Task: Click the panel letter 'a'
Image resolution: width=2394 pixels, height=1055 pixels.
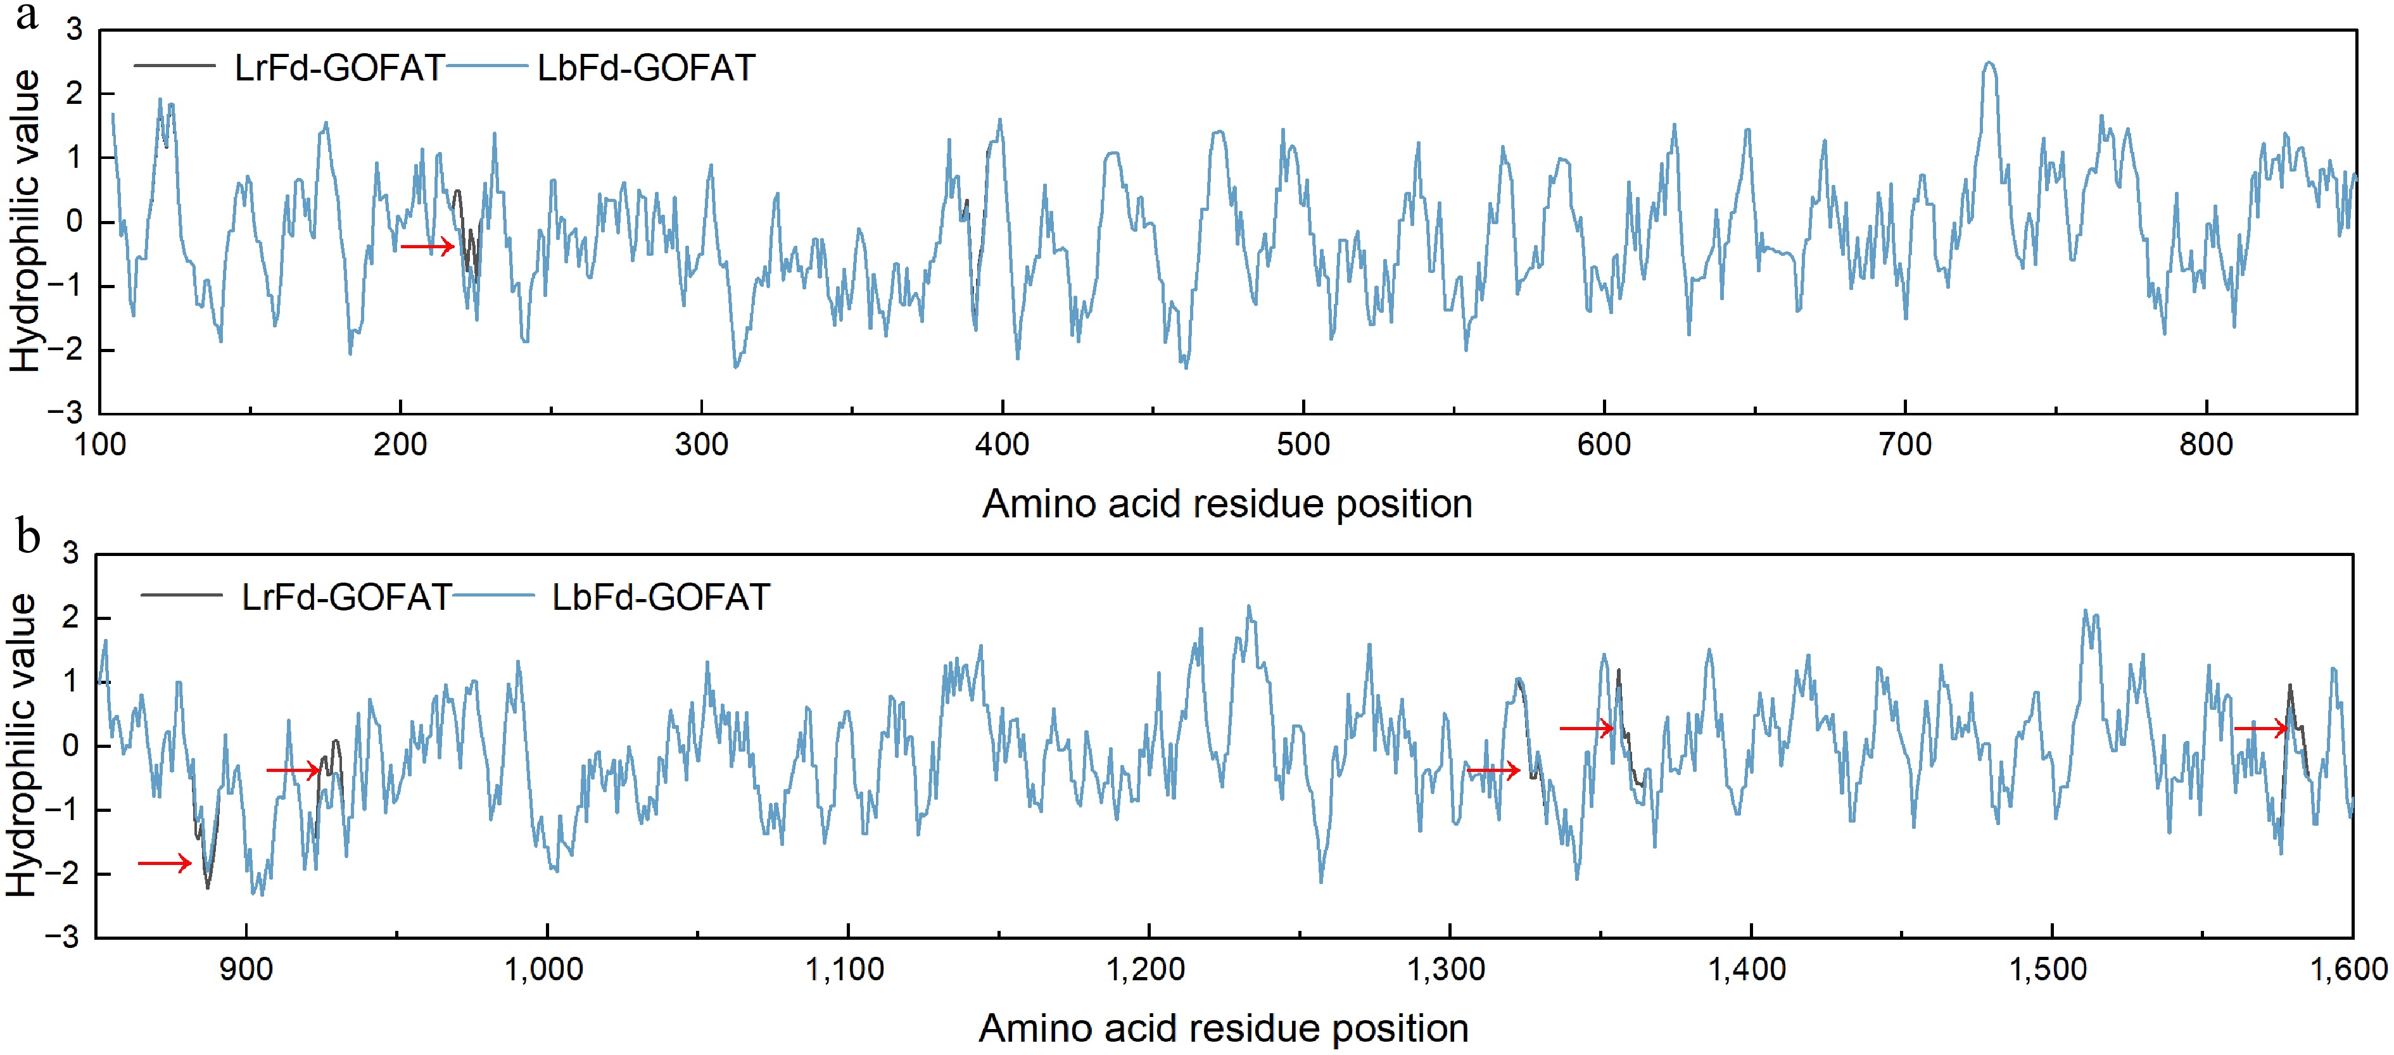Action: point(27,16)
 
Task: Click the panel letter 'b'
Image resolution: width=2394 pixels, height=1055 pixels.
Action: point(28,537)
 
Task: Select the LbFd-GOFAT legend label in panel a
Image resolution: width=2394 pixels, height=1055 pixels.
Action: point(646,68)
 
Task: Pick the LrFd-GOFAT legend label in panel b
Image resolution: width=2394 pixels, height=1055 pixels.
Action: point(346,597)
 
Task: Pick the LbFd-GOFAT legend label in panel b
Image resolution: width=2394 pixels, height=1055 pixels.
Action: point(661,597)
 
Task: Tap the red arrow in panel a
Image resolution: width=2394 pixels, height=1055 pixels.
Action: point(427,246)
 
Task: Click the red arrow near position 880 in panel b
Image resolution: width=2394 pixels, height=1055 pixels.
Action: point(165,864)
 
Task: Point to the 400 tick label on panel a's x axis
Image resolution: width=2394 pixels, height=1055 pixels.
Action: point(1002,445)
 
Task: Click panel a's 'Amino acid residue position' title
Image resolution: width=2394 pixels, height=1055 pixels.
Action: point(1227,504)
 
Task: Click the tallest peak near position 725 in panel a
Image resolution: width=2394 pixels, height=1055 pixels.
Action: point(1988,63)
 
